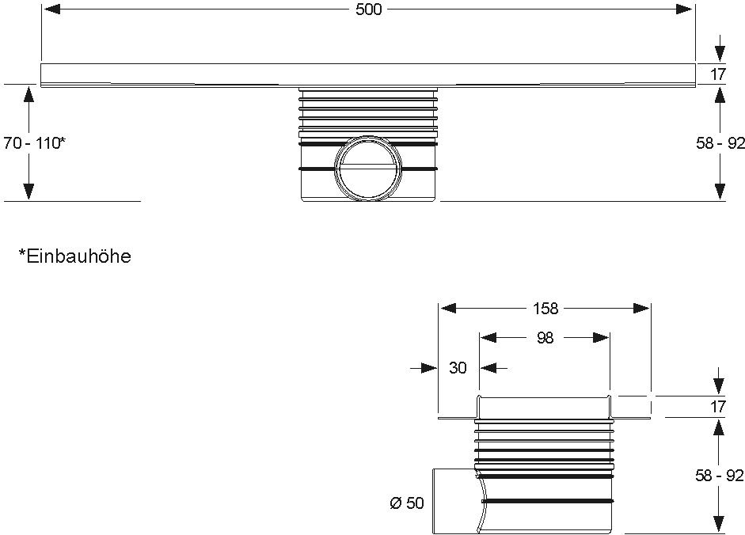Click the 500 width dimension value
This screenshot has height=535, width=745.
pyautogui.click(x=369, y=9)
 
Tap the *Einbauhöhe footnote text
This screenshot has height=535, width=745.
pyautogui.click(x=74, y=256)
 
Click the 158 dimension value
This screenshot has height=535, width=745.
pyautogui.click(x=545, y=309)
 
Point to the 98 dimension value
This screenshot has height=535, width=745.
pyautogui.click(x=545, y=338)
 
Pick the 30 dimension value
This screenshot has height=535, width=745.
pyautogui.click(x=458, y=367)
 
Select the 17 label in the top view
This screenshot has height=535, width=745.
pyautogui.click(x=718, y=75)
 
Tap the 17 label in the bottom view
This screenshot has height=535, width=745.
pyautogui.click(x=718, y=408)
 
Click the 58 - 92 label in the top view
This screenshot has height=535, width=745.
pyautogui.click(x=718, y=143)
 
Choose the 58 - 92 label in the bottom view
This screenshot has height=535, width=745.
pyautogui.click(x=718, y=476)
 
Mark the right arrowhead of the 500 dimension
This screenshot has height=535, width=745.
pyautogui.click(x=685, y=9)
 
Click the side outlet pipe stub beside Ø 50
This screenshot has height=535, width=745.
pyautogui.click(x=455, y=500)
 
